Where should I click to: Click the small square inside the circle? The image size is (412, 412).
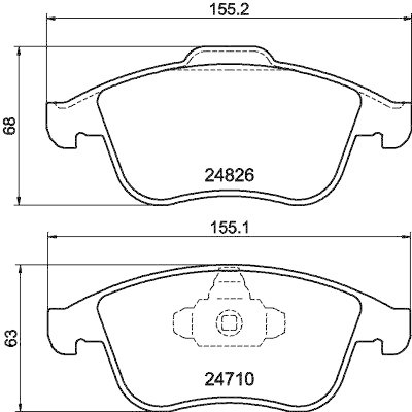[x=228, y=323]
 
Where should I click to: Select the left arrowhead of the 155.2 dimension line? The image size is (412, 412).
[x=50, y=19]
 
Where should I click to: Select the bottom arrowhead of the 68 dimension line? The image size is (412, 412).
[x=20, y=201]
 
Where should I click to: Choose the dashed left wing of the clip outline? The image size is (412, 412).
[x=182, y=323]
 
